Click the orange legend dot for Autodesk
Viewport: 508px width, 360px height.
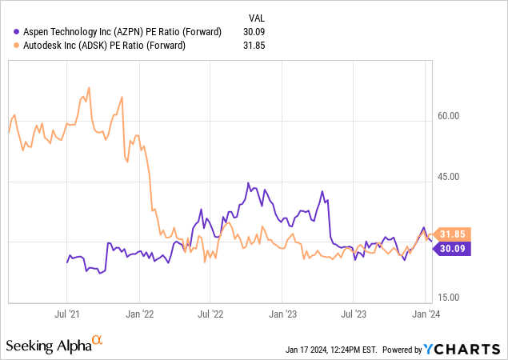(x=11, y=46)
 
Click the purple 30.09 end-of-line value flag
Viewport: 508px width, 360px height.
(x=454, y=248)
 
